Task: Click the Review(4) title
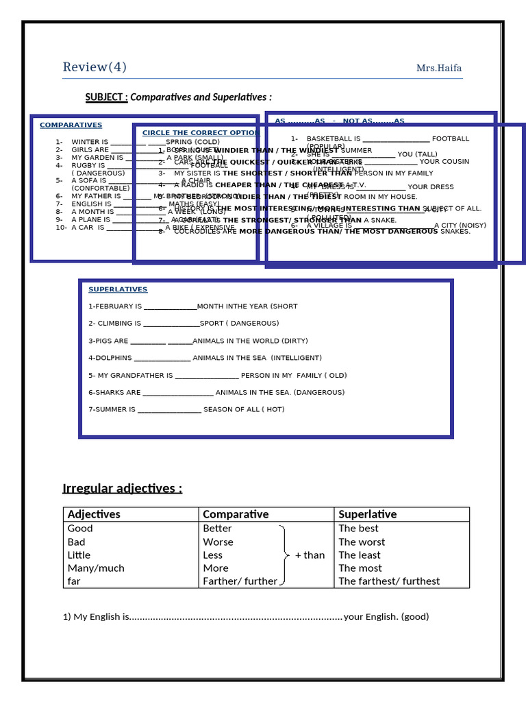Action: coord(95,67)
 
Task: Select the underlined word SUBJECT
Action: coord(105,97)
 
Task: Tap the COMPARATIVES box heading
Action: coord(71,125)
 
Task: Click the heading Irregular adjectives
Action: coord(123,488)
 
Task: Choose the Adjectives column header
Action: coord(94,514)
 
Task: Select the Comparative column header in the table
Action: coord(236,514)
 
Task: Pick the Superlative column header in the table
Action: coord(367,514)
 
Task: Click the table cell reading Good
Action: coord(80,529)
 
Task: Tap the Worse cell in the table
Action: coord(218,542)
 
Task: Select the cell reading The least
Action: coord(359,555)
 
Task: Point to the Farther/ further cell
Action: coord(240,581)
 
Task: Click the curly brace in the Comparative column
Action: coord(284,555)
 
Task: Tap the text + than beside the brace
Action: coord(310,555)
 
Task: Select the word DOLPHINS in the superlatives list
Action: coord(112,358)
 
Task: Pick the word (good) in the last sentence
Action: coord(415,616)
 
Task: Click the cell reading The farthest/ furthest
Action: coord(389,581)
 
